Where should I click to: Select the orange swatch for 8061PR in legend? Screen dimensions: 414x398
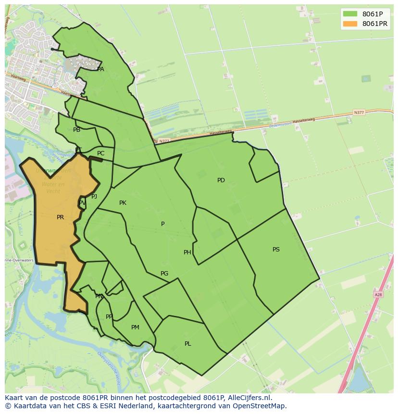click(350, 24)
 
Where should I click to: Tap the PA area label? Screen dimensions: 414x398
click(100, 69)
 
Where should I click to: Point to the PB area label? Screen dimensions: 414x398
click(77, 130)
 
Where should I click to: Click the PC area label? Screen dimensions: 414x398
click(100, 153)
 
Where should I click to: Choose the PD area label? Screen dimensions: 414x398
click(221, 180)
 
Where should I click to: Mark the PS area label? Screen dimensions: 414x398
click(276, 250)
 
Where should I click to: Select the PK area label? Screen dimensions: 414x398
click(123, 203)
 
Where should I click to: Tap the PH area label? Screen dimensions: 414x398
click(187, 252)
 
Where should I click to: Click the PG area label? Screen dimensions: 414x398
click(164, 274)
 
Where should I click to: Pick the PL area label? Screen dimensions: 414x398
click(188, 344)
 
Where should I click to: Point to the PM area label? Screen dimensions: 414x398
click(135, 327)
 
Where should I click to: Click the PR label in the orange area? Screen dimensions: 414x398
click(60, 217)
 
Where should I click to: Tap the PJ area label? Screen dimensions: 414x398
click(94, 196)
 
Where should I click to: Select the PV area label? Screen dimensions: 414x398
click(82, 203)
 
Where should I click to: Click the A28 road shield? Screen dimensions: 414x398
click(378, 294)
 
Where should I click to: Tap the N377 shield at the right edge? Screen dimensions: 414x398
click(359, 113)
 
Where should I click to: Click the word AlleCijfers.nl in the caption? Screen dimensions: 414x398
click(249, 398)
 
